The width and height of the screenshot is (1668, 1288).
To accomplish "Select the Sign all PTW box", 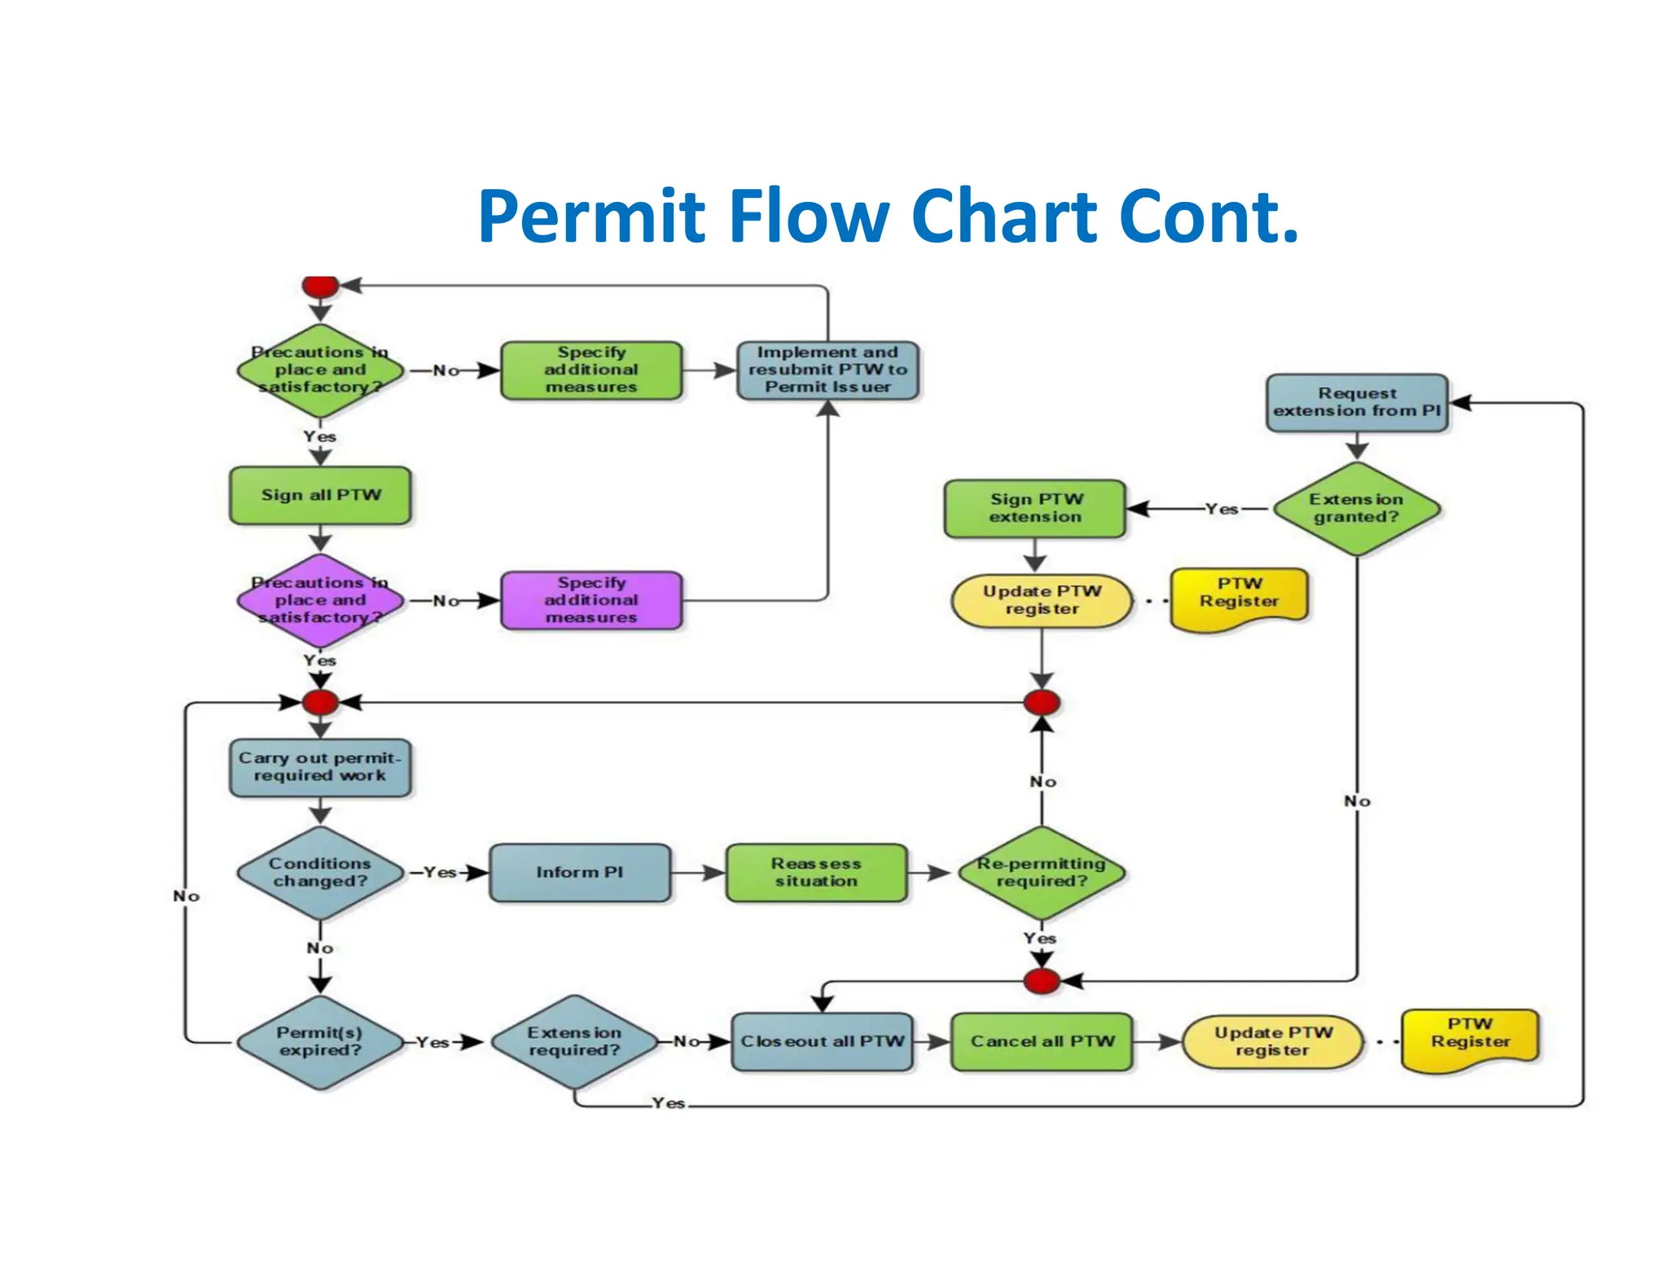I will [x=320, y=495].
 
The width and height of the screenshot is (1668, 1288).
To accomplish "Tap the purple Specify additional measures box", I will [x=591, y=600].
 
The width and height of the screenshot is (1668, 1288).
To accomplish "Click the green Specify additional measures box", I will [x=591, y=370].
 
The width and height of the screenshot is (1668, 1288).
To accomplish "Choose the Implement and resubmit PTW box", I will [x=827, y=370].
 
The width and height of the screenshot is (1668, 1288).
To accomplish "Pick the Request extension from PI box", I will [x=1357, y=402].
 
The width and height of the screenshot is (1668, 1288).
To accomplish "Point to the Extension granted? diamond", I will [x=1357, y=509].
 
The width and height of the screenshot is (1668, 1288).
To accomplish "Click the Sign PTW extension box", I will [x=1035, y=508].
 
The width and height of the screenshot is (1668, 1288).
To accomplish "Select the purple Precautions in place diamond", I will [x=320, y=600].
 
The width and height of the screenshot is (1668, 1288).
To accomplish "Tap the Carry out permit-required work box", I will [x=320, y=767].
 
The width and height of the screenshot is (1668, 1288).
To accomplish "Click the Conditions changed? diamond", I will [x=320, y=873].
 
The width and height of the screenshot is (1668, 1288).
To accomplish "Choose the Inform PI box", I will [x=579, y=873].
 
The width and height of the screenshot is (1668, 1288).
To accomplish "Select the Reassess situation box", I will [x=816, y=873].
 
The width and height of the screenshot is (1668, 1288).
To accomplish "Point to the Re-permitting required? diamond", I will [x=1042, y=873].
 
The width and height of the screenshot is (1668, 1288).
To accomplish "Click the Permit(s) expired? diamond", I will [x=320, y=1041].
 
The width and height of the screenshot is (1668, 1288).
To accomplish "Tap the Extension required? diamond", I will [x=574, y=1041].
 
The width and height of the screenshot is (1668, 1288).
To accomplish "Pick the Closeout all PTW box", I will [x=822, y=1041].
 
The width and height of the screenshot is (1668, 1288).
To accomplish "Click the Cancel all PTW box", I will [x=1042, y=1041].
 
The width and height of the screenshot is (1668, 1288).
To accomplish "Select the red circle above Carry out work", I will [x=320, y=702].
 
